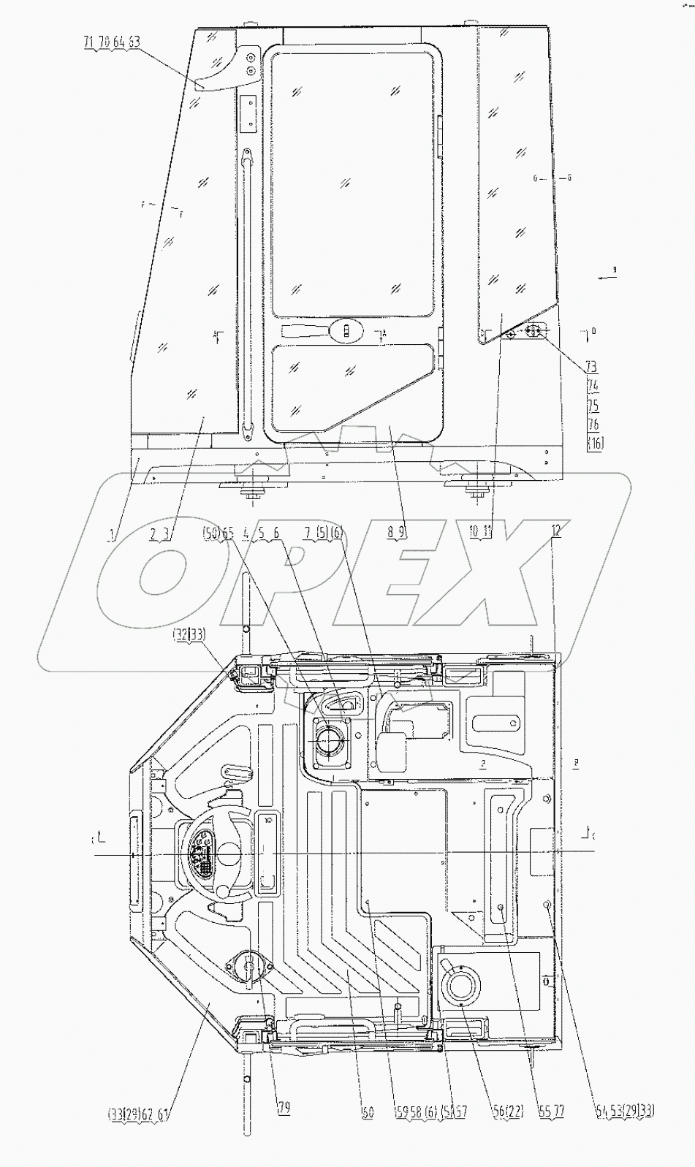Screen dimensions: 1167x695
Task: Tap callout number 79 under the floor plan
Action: [x=284, y=1109]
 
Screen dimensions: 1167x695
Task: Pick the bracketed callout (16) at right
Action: [x=595, y=442]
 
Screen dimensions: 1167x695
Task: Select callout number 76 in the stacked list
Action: [x=593, y=424]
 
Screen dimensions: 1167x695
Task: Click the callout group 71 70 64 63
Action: [x=111, y=43]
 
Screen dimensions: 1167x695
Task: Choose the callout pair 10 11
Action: [x=482, y=533]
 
